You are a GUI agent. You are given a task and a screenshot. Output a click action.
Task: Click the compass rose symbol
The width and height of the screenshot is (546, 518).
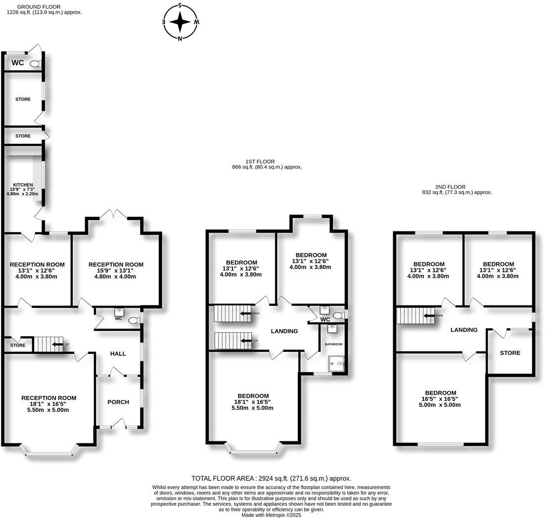(181, 22)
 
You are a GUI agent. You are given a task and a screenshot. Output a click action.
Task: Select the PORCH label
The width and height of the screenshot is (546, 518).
(118, 402)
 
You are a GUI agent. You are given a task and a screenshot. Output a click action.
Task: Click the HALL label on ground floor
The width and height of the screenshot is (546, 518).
(118, 353)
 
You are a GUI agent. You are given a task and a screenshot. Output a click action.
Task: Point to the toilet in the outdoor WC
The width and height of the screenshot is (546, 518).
(35, 63)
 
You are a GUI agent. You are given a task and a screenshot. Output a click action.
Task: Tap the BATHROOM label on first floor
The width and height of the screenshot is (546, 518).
(333, 344)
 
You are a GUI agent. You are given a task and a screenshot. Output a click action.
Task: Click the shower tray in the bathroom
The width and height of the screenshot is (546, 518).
(336, 364)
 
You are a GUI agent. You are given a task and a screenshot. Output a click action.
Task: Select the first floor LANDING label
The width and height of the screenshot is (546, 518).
(284, 331)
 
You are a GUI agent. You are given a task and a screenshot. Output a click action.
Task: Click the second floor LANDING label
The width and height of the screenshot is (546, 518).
(464, 330)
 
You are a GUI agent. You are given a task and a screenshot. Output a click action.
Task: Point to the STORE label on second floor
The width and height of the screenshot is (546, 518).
(510, 353)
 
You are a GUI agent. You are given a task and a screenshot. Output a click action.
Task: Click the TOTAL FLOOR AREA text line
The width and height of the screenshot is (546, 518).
(271, 478)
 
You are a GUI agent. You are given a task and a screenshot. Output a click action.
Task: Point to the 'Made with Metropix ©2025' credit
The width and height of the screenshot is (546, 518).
(271, 515)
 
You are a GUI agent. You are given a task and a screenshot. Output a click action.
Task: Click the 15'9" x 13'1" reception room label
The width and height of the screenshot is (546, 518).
(116, 270)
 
